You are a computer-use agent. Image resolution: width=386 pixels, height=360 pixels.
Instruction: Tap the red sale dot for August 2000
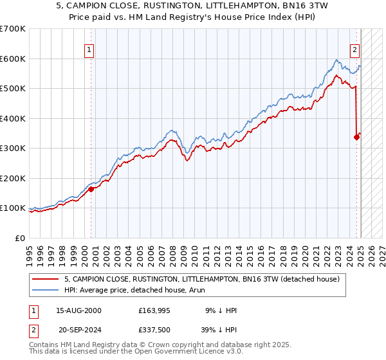pos(91,189)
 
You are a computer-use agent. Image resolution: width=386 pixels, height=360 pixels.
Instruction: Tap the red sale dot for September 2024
pos(356,137)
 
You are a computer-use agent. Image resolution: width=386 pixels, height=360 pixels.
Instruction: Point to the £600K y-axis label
pos(13,59)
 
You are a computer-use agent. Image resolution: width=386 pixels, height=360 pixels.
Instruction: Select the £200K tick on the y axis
pos(13,178)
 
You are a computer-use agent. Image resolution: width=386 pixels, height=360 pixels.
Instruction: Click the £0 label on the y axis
pos(20,238)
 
